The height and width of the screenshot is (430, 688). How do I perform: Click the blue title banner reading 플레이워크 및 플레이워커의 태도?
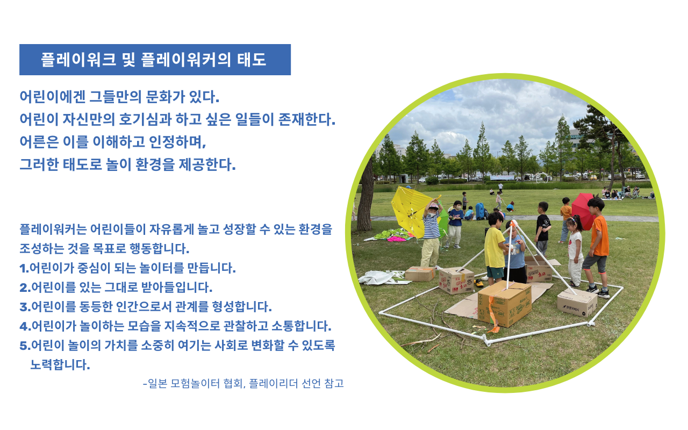[154, 60]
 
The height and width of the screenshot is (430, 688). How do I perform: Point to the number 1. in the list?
[24, 268]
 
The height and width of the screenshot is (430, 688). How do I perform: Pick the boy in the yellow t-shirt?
[494, 247]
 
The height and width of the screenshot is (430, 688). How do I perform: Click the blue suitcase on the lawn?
[479, 211]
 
